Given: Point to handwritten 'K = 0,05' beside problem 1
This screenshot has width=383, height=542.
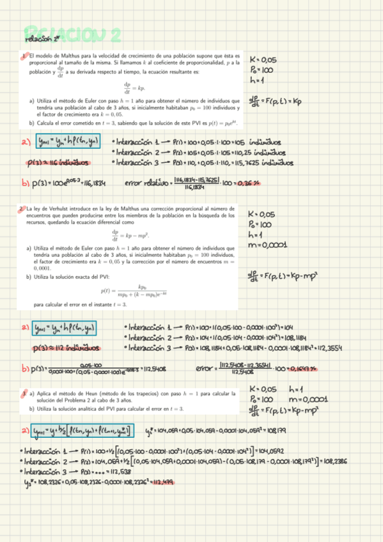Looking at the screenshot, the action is pos(264,57).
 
